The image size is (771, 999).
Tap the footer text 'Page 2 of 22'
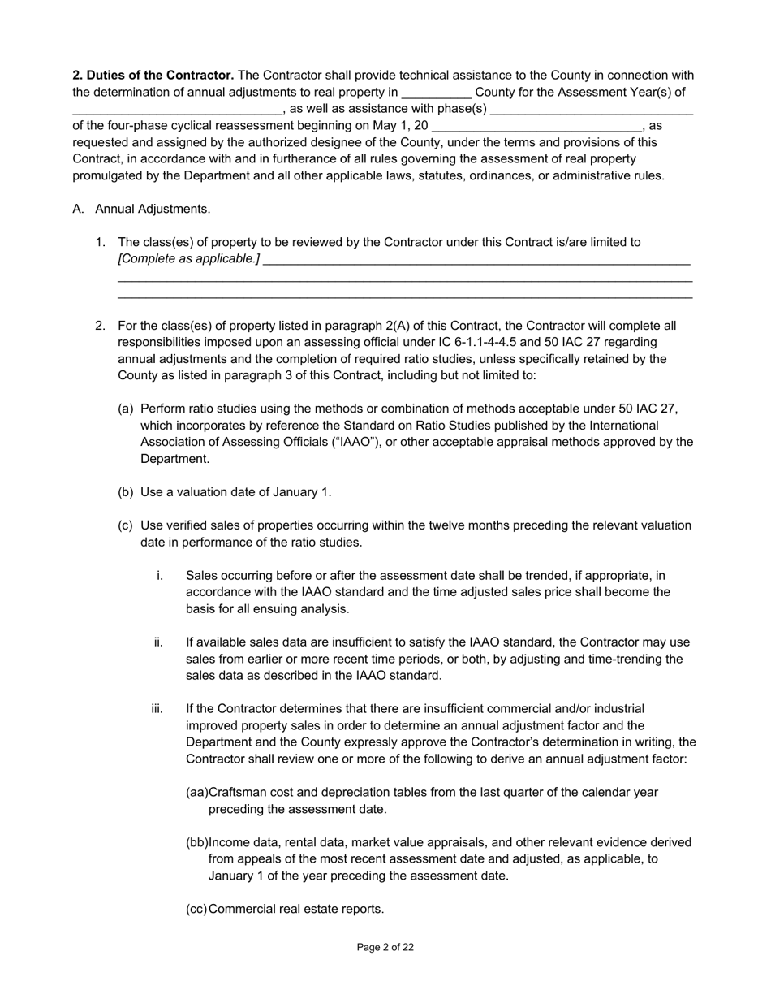[x=385, y=947]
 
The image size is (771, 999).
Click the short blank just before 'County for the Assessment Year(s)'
[x=436, y=93]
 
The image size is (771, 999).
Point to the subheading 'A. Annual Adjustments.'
[x=141, y=209]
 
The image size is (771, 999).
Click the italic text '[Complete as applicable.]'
[x=188, y=259]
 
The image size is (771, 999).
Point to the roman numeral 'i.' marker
[x=160, y=575]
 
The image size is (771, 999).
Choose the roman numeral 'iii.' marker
[x=157, y=709]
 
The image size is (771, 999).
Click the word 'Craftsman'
[x=238, y=792]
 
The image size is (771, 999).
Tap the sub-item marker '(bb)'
[x=197, y=842]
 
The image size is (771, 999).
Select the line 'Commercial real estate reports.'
[x=296, y=909]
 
